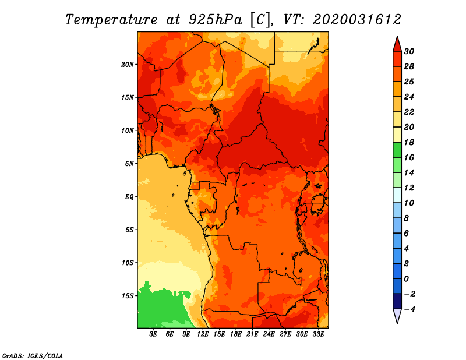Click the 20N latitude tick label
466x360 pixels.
coord(128,64)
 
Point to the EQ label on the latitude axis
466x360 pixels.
coord(129,197)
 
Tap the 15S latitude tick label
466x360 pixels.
coord(128,296)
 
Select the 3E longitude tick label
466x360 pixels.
coord(153,334)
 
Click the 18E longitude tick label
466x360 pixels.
coord(236,334)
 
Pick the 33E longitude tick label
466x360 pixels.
coord(318,334)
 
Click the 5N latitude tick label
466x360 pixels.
coord(129,164)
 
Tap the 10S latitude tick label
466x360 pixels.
coord(128,263)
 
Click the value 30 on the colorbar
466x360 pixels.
coord(409,51)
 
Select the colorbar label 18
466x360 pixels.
coord(409,142)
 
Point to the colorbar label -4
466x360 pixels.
coord(410,309)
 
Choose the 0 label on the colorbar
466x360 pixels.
coord(407,279)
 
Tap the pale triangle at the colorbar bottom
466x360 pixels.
coord(397,316)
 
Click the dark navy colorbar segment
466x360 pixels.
coord(397,301)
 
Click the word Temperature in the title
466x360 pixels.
coord(111,20)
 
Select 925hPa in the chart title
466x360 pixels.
coord(216,20)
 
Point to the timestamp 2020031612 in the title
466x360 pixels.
coord(357,19)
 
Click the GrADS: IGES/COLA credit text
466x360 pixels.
coord(33,356)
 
